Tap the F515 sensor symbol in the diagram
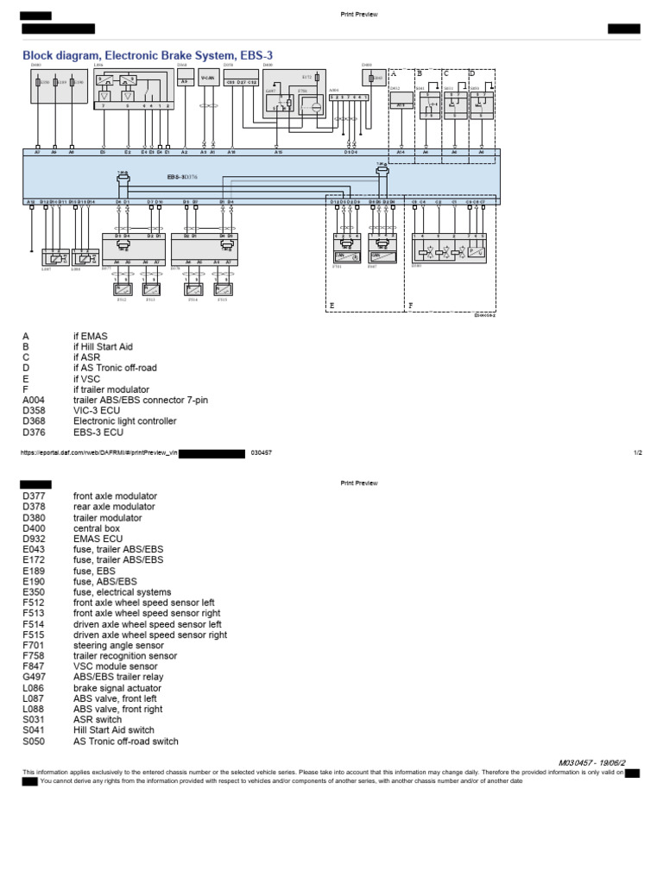coord(223,290)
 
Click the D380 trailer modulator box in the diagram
coord(452,249)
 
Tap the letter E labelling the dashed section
coord(331,305)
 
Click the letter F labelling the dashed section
coord(410,305)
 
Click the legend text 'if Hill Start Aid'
coord(103,346)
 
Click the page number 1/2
coord(637,452)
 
